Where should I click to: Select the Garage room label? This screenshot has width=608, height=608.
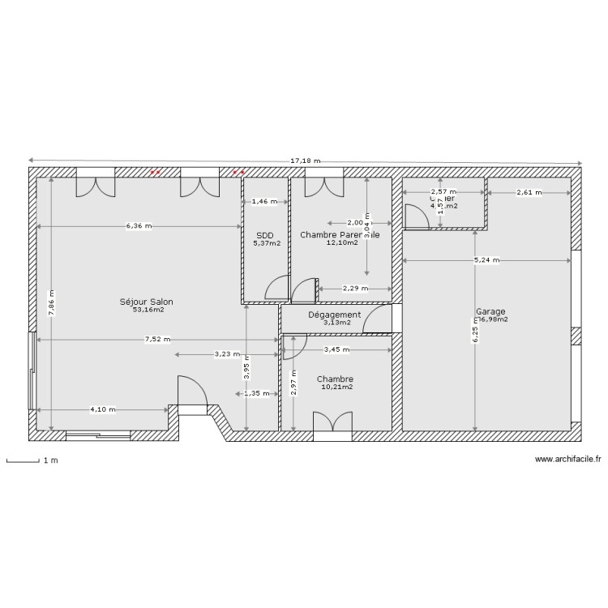[x=490, y=311]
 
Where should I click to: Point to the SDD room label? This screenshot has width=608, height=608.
[x=265, y=235]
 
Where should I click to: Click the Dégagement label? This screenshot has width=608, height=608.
[x=334, y=315]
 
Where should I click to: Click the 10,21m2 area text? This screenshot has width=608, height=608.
[x=335, y=387]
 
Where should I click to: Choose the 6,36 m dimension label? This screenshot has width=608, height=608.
[x=139, y=226]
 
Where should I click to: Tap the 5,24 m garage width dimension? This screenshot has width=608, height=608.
[x=486, y=260]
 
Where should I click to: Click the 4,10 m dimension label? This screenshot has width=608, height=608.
[x=102, y=409]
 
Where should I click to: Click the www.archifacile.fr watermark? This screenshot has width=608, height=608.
[x=568, y=460]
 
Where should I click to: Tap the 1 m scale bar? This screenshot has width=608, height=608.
[x=24, y=462]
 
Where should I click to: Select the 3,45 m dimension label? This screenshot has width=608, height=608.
[x=336, y=350]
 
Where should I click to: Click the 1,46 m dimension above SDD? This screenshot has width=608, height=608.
[x=264, y=201]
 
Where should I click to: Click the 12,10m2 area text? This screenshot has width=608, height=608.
[x=342, y=243]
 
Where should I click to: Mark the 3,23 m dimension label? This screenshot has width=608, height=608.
[x=227, y=354]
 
